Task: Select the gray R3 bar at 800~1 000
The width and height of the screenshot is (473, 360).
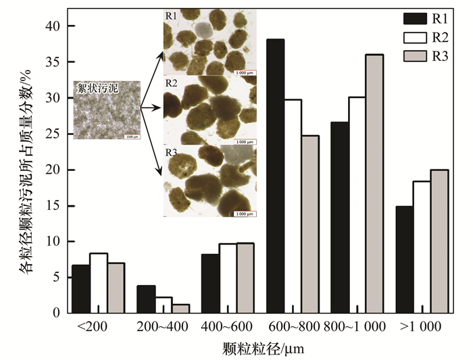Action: click(x=374, y=184)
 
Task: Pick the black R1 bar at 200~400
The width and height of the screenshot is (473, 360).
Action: click(x=145, y=299)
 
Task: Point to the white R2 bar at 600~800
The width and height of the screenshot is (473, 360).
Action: click(x=293, y=206)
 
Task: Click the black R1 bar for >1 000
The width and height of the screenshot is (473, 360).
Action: click(x=403, y=259)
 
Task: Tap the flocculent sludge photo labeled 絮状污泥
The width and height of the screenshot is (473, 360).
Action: click(x=106, y=110)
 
